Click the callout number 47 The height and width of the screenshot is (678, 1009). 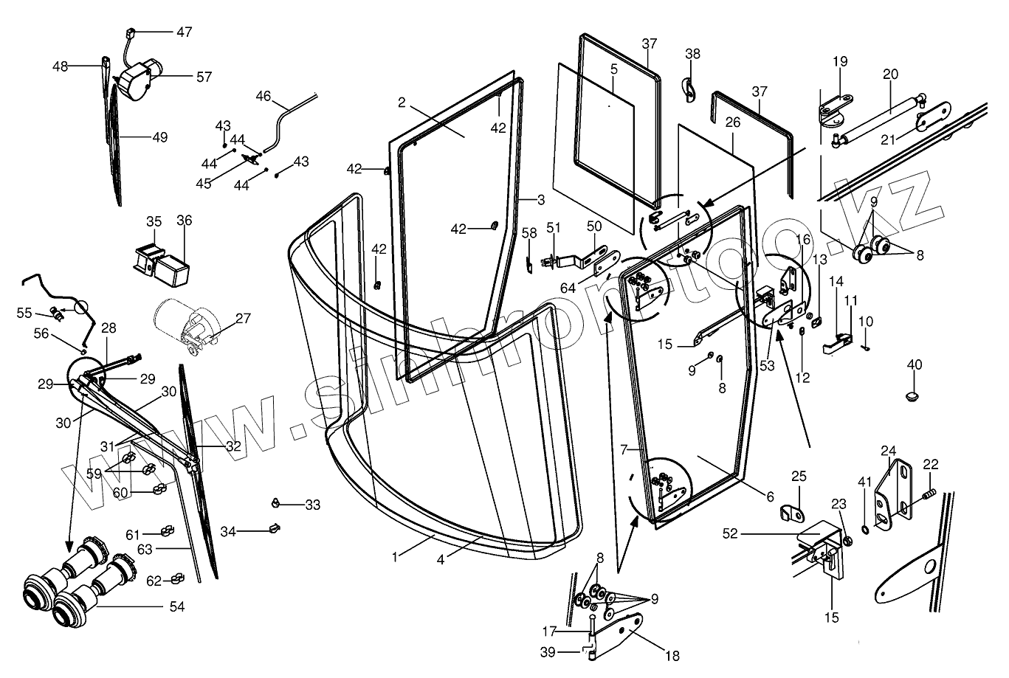pos(183,32)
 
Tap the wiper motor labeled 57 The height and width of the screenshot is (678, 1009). pos(137,77)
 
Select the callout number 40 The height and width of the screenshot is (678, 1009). pos(915,364)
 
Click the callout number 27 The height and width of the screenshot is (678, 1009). pos(243,319)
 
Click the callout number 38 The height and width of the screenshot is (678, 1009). pos(692,54)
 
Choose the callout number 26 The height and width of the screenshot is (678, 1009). pos(731,123)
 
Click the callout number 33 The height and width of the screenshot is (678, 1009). pos(313,505)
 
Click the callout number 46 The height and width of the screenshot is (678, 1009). pos(264,95)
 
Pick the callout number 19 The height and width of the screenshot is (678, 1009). pos(841,61)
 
